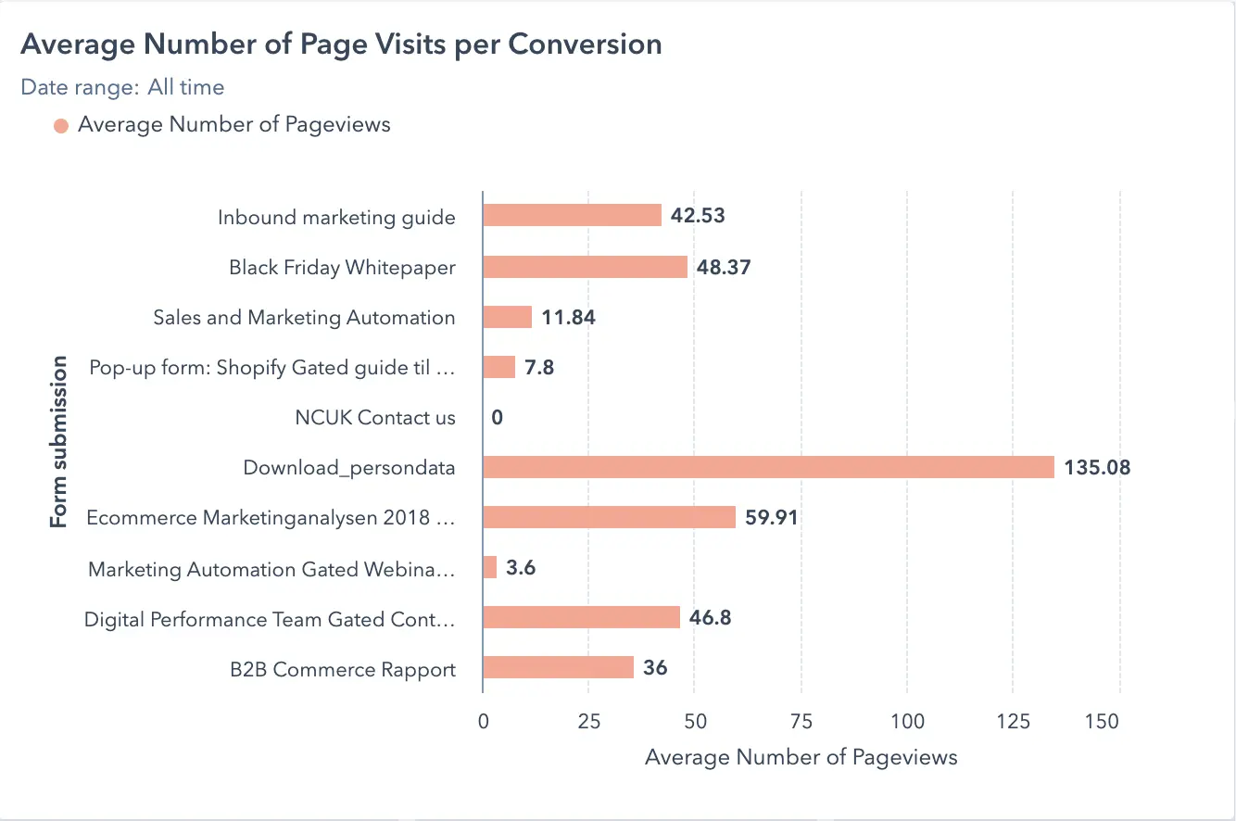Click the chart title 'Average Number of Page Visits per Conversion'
coord(341,44)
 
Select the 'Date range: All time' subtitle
coord(122,88)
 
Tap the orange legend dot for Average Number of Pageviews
coord(61,126)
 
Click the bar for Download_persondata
coord(768,467)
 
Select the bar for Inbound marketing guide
coord(572,216)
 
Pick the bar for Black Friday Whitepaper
coord(585,267)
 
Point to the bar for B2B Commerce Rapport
coord(558,667)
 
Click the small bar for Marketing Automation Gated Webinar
coord(490,567)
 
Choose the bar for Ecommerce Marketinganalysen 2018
coord(609,517)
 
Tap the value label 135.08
coord(1097,467)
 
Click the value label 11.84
coord(568,318)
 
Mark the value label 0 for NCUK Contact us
coord(498,418)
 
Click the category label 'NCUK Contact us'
coord(375,418)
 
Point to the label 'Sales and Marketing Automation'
coord(304,318)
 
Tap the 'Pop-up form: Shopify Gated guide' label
coord(272,368)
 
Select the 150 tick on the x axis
coord(1102,722)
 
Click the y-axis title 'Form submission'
coord(59,442)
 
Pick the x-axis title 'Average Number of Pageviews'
coord(801,758)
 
